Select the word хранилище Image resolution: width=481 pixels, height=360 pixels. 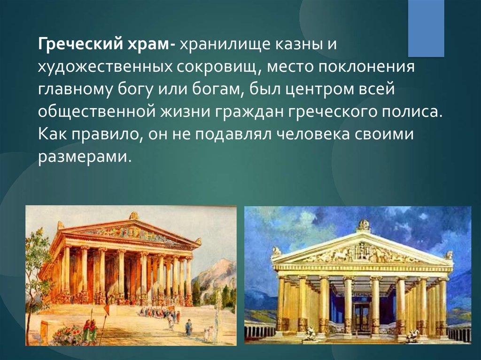(x=225, y=45)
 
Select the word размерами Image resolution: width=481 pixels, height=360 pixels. (x=82, y=157)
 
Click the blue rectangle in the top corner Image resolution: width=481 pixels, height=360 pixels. (x=426, y=28)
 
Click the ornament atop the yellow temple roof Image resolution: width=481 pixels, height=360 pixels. (x=364, y=225)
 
